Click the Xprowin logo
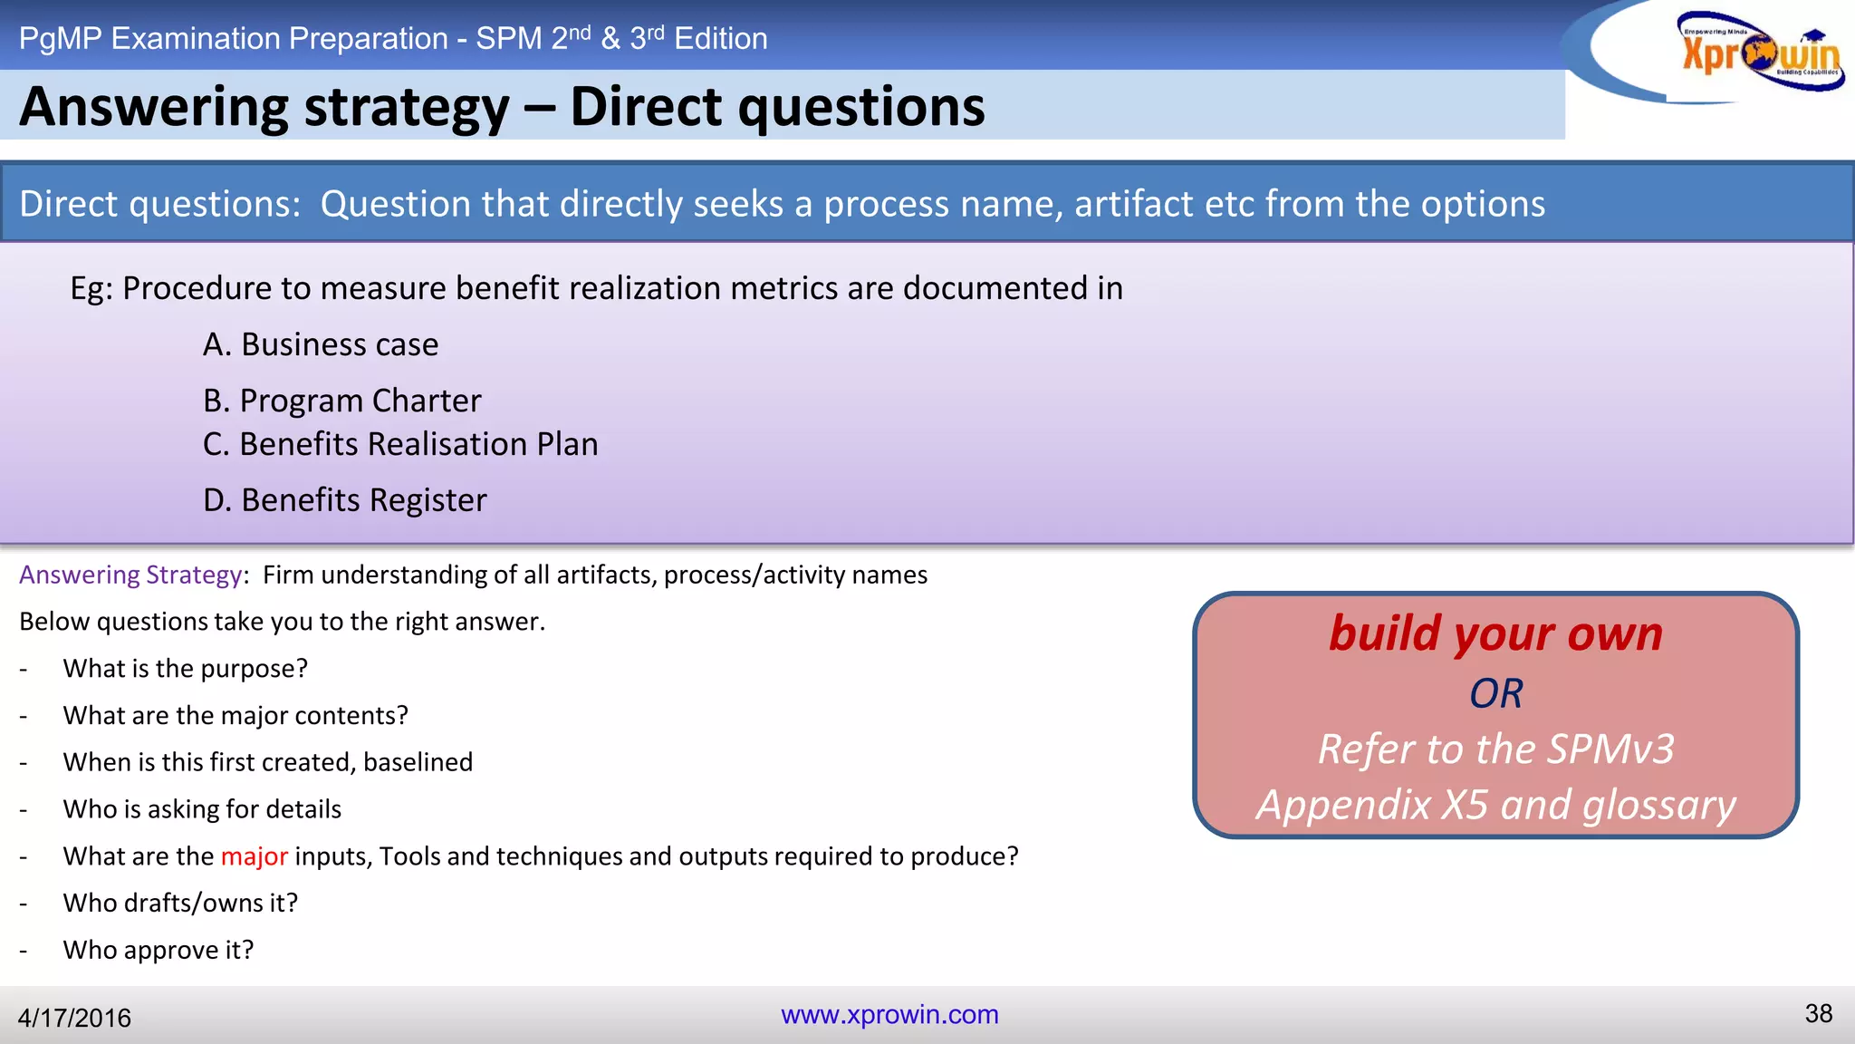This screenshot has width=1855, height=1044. (x=1759, y=53)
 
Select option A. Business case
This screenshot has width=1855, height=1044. (x=321, y=344)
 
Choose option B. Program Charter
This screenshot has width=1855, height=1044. (x=341, y=401)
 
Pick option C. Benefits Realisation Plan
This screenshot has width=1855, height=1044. (x=400, y=444)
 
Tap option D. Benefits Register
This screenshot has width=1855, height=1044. (x=344, y=500)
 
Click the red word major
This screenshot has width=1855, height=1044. (x=254, y=856)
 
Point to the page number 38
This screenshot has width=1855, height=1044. (x=1818, y=1013)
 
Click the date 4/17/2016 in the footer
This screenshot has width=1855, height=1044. (x=74, y=1018)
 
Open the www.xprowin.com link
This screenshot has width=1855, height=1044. (x=889, y=1014)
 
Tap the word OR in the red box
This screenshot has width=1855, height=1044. (x=1495, y=694)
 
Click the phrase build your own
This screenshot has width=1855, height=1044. (x=1495, y=633)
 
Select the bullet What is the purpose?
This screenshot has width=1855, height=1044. (x=186, y=669)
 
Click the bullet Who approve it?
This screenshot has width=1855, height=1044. (x=159, y=950)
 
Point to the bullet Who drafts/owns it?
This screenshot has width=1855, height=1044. (x=180, y=903)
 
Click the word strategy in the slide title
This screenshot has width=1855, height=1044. (x=407, y=109)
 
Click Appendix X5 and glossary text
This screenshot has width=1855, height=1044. (x=1495, y=805)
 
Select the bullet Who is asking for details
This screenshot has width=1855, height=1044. (x=202, y=809)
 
